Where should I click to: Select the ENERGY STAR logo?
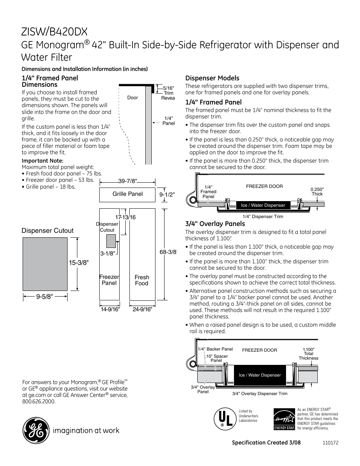(284, 419)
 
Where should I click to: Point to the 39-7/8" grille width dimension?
(128, 181)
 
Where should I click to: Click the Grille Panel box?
(128, 194)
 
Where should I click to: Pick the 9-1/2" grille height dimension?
(167, 195)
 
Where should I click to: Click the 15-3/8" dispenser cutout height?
(78, 263)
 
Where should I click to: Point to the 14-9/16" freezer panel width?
(110, 309)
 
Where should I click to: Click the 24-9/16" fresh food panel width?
(142, 309)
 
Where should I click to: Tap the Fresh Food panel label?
(142, 280)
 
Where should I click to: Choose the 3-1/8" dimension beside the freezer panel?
(107, 254)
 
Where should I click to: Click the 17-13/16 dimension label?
(125, 217)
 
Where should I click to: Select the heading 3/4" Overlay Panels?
(215, 224)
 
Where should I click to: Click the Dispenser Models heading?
(212, 78)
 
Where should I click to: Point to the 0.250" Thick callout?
(317, 192)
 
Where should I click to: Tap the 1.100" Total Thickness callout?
(308, 354)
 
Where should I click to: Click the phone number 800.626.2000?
(38, 401)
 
